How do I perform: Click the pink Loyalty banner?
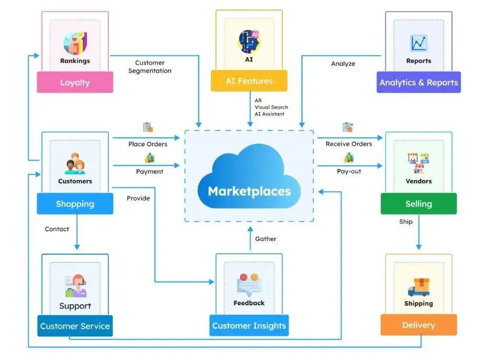pyautogui.click(x=75, y=82)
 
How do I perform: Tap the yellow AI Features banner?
pyautogui.click(x=249, y=81)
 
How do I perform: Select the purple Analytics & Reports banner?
pyautogui.click(x=419, y=82)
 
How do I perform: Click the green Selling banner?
pyautogui.click(x=419, y=204)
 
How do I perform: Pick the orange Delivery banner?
pyautogui.click(x=419, y=325)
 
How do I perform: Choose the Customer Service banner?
pyautogui.click(x=75, y=326)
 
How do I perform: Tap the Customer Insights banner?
pyautogui.click(x=249, y=325)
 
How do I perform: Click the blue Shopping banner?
pyautogui.click(x=75, y=204)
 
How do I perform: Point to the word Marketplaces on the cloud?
pyautogui.click(x=250, y=192)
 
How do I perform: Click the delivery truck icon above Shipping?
pyautogui.click(x=419, y=287)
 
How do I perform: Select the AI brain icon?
pyautogui.click(x=249, y=42)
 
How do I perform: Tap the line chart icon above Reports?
pyautogui.click(x=419, y=43)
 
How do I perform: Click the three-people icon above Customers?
pyautogui.click(x=75, y=164)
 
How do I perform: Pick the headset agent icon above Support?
pyautogui.click(x=75, y=286)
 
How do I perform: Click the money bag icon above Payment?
pyautogui.click(x=150, y=158)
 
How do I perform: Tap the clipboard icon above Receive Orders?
pyautogui.click(x=347, y=127)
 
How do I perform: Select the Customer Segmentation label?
pyautogui.click(x=150, y=67)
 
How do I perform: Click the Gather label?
pyautogui.click(x=265, y=239)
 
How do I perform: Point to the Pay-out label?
pyautogui.click(x=349, y=172)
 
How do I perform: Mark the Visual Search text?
pyautogui.click(x=272, y=107)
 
